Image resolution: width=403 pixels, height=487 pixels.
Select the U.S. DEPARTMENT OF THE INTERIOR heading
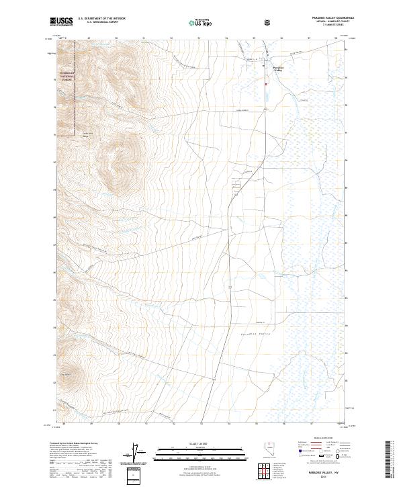point(102,19)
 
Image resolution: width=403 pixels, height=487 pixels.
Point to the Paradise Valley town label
point(279,69)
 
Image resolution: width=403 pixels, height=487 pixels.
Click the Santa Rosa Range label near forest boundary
point(87,135)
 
